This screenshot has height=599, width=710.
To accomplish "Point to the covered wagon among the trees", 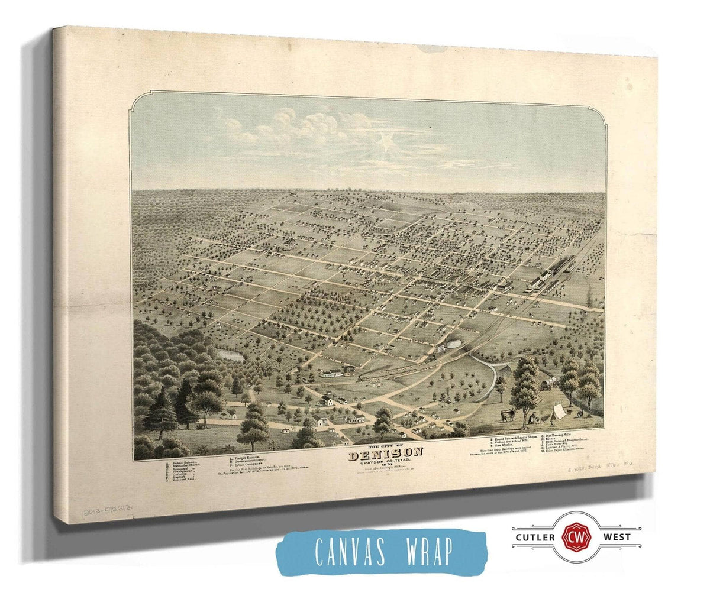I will [547, 385].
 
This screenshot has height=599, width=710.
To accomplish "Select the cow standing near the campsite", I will [508, 415].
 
